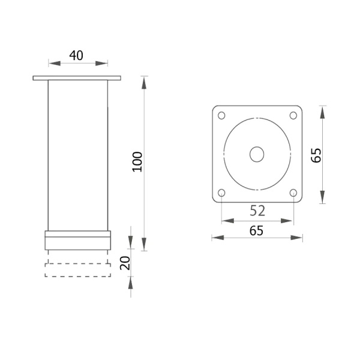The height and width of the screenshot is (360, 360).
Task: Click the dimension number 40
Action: pos(76,56)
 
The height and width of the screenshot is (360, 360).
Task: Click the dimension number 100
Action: pos(137,161)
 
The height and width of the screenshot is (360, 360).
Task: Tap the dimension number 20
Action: pos(125,263)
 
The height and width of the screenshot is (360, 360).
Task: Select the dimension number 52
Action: pos(257,211)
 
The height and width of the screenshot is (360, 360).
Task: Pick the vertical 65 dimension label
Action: pos(316,155)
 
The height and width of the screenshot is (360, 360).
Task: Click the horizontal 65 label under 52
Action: pos(256,231)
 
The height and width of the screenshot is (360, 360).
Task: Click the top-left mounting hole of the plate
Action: pos(221,115)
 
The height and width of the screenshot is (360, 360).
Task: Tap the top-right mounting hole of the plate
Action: pos(293,115)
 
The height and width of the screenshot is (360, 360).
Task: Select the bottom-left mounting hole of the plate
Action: pos(221,193)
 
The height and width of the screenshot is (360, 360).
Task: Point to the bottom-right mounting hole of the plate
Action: pos(293,193)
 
